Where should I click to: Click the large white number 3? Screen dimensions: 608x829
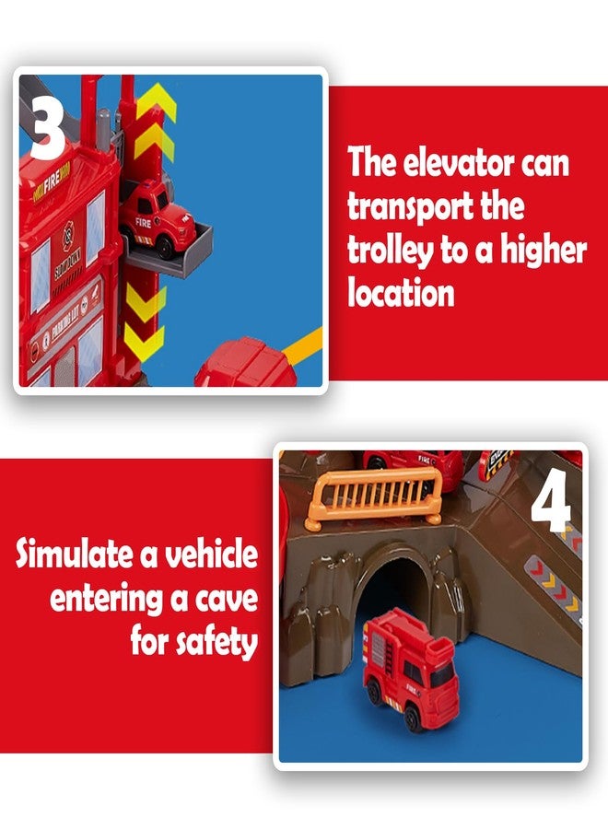[48, 125]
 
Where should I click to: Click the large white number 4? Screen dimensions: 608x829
[552, 501]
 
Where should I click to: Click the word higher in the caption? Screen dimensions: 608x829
[544, 251]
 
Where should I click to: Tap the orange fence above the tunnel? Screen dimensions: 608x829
[373, 497]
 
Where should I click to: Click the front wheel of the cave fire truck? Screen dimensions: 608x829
[413, 718]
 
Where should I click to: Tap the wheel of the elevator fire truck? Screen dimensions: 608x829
[166, 248]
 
